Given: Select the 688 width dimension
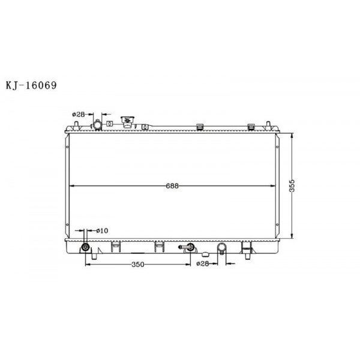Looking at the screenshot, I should tap(173, 185).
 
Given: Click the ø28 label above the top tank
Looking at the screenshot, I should tap(78, 113).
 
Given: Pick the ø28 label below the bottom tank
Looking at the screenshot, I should tap(203, 263).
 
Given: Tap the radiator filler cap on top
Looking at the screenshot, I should tap(127, 122).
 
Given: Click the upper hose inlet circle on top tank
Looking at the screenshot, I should tap(96, 125).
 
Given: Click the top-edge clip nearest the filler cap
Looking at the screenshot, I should tap(145, 126).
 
